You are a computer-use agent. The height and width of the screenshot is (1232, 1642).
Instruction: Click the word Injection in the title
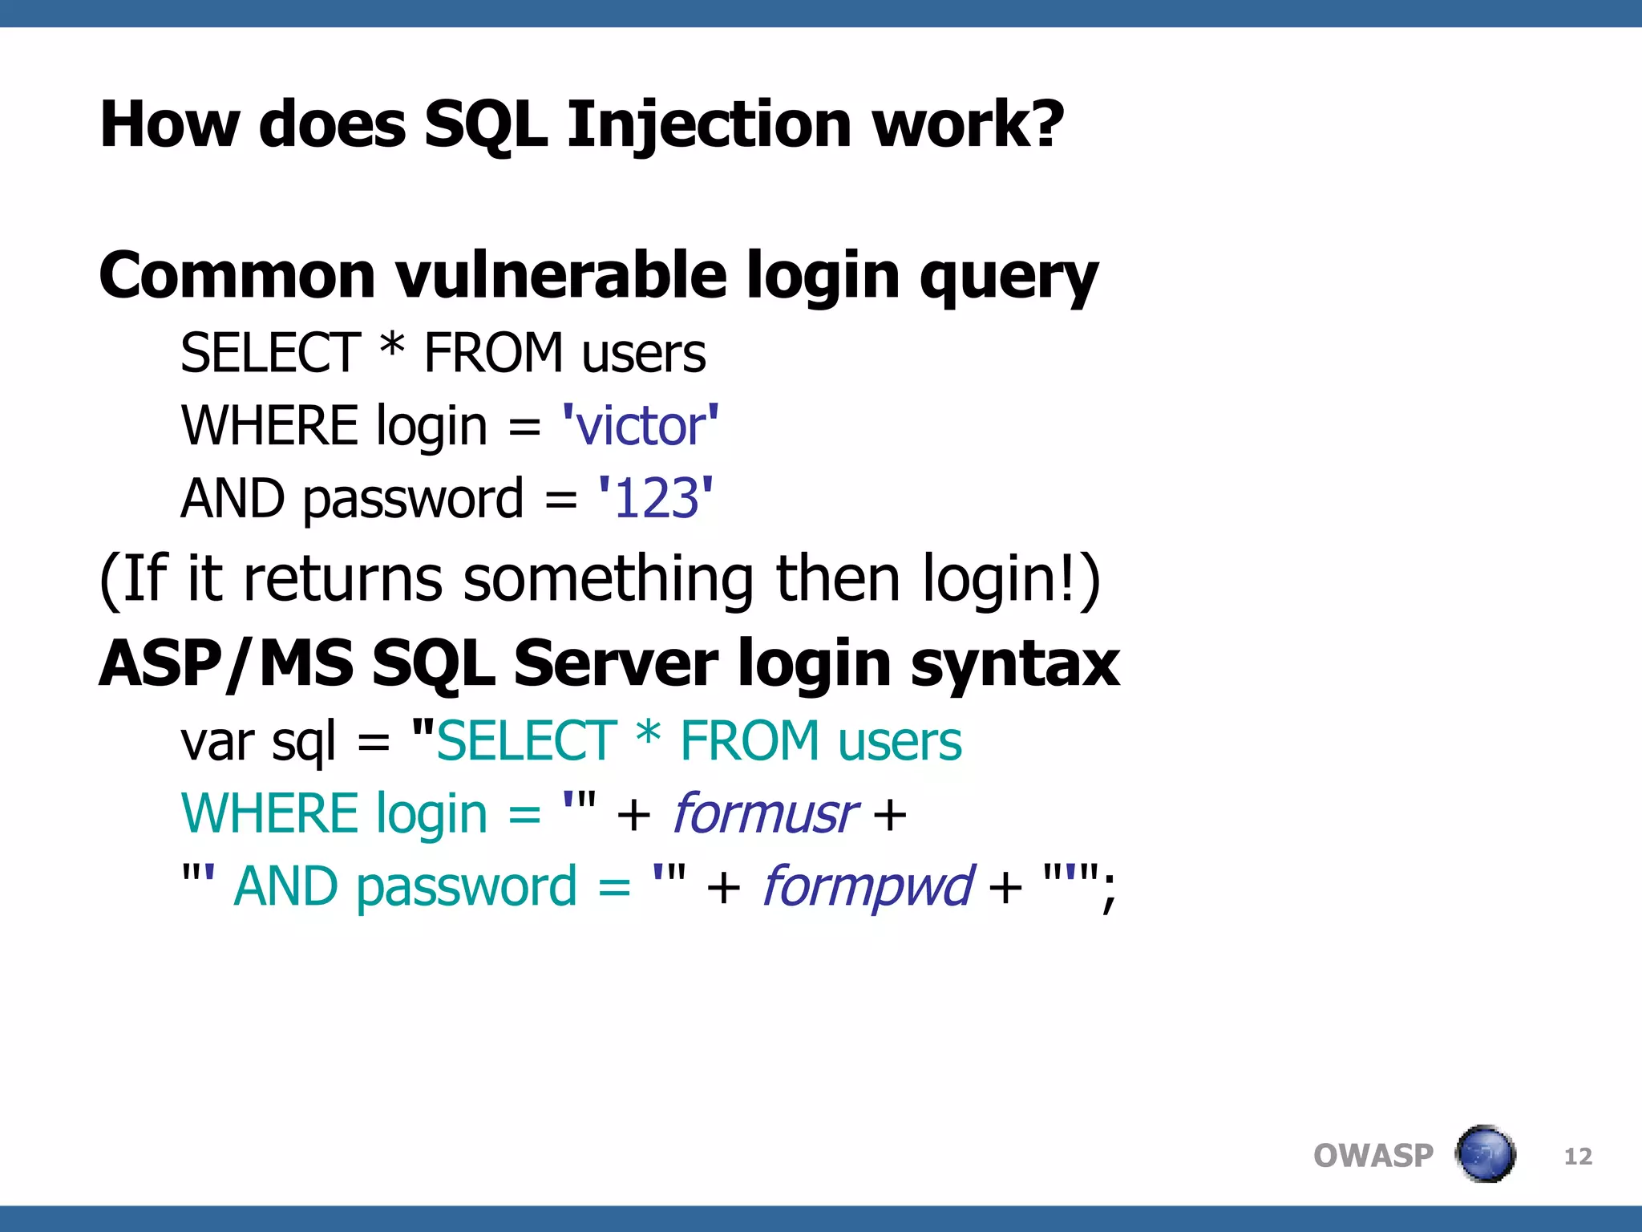(x=709, y=126)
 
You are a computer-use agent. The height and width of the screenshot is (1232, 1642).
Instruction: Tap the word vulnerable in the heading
(x=561, y=275)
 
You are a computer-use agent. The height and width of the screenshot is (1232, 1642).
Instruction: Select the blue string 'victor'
(x=640, y=425)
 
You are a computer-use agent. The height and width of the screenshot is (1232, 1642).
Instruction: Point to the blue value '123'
(x=655, y=498)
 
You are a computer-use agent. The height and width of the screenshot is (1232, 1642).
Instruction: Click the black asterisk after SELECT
(x=392, y=350)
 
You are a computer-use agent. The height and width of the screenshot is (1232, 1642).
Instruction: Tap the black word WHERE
(x=269, y=425)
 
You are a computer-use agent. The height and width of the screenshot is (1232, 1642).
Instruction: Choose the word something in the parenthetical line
(x=608, y=579)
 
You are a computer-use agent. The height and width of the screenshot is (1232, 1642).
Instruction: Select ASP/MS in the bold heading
(x=225, y=664)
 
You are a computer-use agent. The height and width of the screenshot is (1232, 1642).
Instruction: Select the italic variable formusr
(x=765, y=813)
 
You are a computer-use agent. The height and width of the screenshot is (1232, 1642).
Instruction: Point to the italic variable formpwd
(x=867, y=886)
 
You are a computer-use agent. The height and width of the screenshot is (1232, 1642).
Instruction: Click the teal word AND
(x=285, y=886)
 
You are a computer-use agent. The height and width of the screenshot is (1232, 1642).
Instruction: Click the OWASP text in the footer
(x=1373, y=1156)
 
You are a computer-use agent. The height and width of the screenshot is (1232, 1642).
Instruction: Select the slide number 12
(x=1578, y=1156)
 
